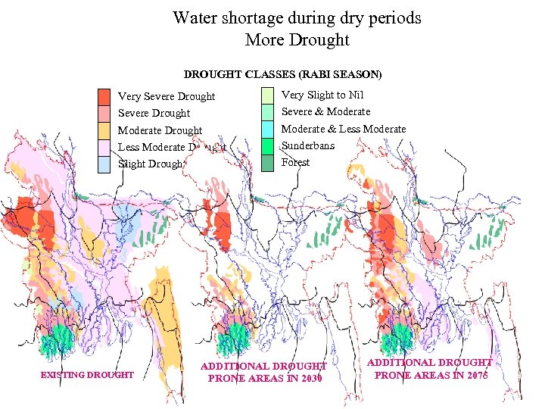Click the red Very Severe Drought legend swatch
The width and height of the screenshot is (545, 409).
pos(104,96)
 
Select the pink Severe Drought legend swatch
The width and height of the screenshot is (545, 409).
pos(104,113)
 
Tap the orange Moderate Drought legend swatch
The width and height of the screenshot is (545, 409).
pos(104,130)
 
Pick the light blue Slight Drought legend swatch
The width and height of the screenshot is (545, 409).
pos(104,164)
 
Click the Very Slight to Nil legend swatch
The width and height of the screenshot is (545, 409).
pos(267,95)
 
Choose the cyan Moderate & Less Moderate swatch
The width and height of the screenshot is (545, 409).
pos(267,129)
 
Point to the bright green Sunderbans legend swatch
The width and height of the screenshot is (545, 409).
pos(267,145)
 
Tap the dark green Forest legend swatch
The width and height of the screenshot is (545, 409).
pos(267,162)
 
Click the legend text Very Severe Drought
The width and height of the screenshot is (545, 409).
pos(167,96)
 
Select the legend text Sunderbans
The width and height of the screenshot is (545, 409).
pos(307,145)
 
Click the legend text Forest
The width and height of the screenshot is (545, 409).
pos(295,162)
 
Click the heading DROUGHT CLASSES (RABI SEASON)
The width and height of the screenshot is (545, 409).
pos(282,75)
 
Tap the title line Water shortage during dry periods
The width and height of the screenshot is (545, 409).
pos(297,17)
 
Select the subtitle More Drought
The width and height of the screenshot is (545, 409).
pos(297,39)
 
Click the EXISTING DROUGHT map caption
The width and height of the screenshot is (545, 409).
pos(87,375)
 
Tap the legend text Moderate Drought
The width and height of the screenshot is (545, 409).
pos(160,130)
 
